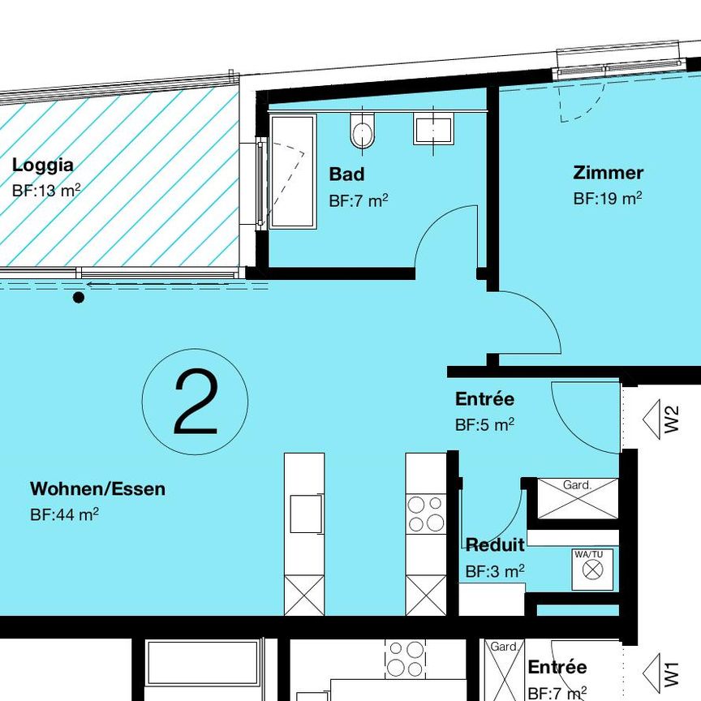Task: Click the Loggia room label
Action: (x=42, y=166)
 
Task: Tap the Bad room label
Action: (x=346, y=174)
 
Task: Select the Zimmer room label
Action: (x=608, y=173)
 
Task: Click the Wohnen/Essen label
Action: (x=97, y=489)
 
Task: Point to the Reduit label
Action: (x=494, y=544)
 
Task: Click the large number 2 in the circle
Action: (x=196, y=402)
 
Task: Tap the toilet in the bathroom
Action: (x=363, y=132)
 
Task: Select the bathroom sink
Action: (x=433, y=129)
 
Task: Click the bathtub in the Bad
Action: (x=291, y=171)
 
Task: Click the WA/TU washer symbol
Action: (x=593, y=569)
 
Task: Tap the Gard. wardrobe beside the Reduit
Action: (x=577, y=498)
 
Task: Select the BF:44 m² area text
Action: (x=64, y=514)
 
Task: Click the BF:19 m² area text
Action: (x=608, y=198)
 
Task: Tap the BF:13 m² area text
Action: (x=46, y=191)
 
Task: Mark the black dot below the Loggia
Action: (x=79, y=298)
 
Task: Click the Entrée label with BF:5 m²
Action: (x=484, y=399)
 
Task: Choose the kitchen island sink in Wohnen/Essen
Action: (x=305, y=514)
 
